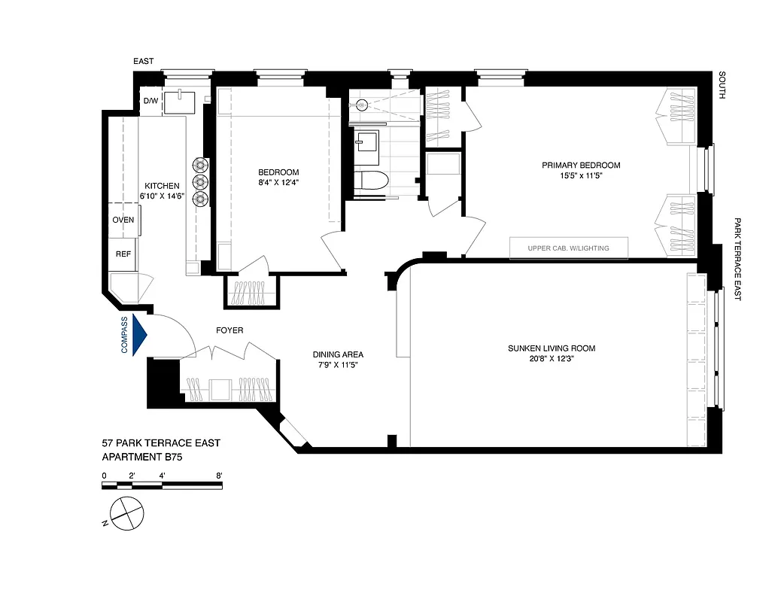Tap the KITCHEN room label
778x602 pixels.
pos(162,186)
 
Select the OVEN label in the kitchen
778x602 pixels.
pos(123,220)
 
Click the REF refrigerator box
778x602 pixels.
pos(123,254)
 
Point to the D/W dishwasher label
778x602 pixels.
pos(150,101)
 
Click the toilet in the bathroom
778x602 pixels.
pos(372,181)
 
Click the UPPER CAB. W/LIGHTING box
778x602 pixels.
pos(569,248)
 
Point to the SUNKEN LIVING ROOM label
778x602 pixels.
pos(551,348)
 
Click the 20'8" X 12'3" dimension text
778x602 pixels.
pos(551,359)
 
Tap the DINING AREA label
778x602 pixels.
pos(339,354)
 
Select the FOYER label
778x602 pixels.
pos(229,330)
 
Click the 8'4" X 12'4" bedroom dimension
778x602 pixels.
pos(278,182)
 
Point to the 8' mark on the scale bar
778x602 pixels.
pos(219,476)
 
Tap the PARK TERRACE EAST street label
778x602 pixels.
pos(737,260)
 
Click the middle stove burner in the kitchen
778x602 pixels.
pos(200,181)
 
